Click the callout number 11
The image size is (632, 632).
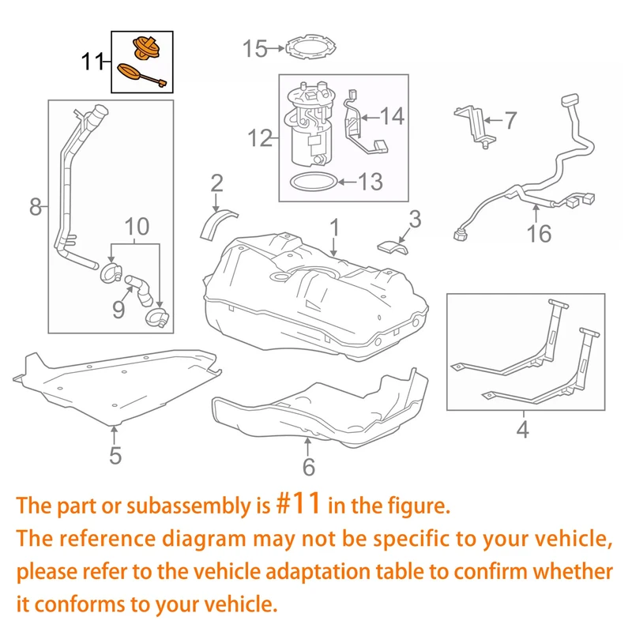click(x=93, y=61)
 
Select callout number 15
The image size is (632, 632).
click(x=254, y=49)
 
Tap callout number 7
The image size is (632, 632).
click(x=510, y=121)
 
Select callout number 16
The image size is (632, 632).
click(x=541, y=235)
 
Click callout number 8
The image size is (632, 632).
click(x=35, y=207)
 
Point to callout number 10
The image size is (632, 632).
click(x=136, y=228)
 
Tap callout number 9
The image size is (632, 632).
click(x=118, y=307)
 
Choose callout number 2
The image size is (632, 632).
click(x=216, y=183)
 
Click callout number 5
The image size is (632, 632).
click(x=115, y=455)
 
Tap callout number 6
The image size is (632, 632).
click(x=308, y=466)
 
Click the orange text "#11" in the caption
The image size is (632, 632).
click(x=299, y=504)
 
